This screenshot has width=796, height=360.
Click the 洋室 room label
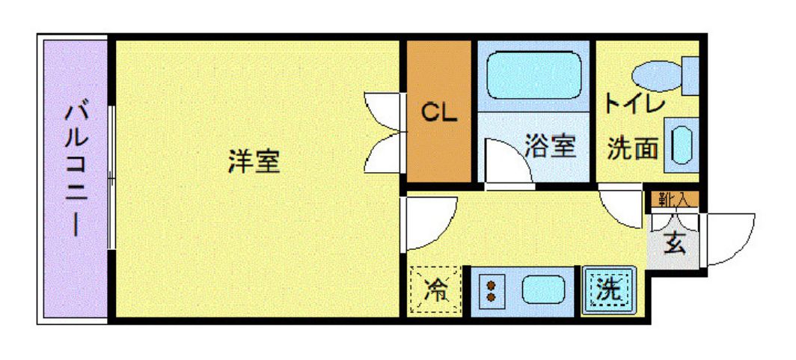point(254,161)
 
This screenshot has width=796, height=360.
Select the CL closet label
point(438,112)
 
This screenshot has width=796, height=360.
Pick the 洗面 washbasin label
point(633,148)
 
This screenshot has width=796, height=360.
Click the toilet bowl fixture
point(658,76)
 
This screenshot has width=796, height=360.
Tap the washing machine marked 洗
point(610,290)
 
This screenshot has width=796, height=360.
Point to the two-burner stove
point(492,290)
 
